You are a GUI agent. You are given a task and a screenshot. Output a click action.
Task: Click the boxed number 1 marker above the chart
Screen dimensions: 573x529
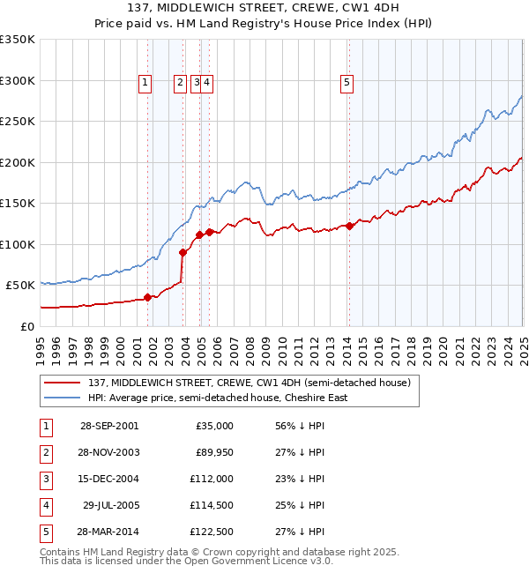tap(145, 83)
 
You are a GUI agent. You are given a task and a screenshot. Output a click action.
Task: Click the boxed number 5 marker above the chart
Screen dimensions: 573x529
tap(347, 83)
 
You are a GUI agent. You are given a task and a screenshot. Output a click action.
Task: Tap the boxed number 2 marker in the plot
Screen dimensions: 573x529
tap(180, 83)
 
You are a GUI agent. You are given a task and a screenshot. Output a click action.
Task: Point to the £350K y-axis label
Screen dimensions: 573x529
tap(18, 40)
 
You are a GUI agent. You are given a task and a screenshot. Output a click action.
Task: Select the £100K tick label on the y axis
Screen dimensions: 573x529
tap(18, 244)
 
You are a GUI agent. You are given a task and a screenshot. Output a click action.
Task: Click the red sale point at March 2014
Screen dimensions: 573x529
tap(349, 226)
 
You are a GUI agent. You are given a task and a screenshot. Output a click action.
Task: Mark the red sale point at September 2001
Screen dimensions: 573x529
tap(148, 297)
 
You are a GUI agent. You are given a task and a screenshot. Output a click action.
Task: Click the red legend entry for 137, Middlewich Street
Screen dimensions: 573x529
tap(249, 383)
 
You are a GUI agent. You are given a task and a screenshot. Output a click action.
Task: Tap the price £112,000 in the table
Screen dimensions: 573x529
tap(209, 479)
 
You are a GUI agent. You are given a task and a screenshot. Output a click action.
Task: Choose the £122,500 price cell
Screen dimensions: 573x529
tap(209, 532)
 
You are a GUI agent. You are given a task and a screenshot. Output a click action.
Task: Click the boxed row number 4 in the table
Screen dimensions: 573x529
tap(46, 505)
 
